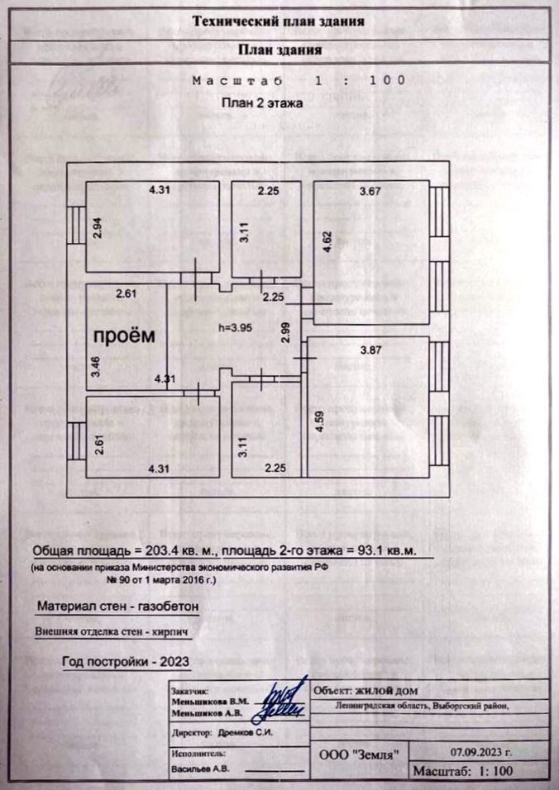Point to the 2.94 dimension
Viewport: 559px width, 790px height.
97,226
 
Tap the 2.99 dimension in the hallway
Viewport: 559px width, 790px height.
284,331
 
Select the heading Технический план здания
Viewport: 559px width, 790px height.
279,21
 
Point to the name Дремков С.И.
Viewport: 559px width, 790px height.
245,732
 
